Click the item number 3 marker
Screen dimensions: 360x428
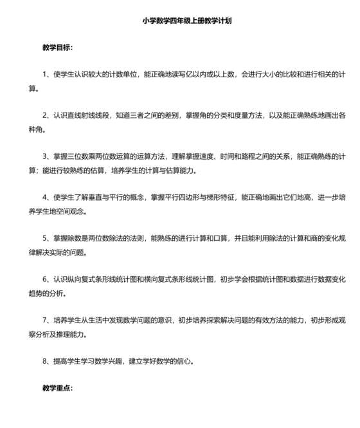click(x=45, y=156)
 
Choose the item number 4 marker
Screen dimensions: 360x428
click(x=45, y=197)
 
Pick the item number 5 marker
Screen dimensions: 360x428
click(x=45, y=238)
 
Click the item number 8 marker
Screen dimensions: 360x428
click(x=45, y=361)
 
